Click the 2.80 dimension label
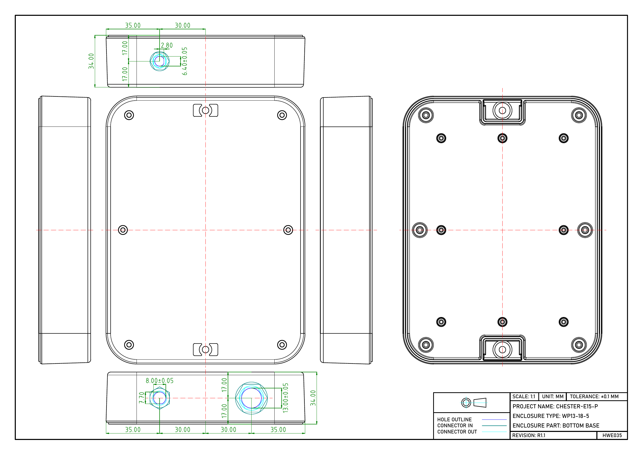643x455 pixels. pyautogui.click(x=167, y=45)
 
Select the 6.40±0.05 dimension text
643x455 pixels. pyautogui.click(x=184, y=61)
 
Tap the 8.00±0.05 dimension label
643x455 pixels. pyautogui.click(x=160, y=380)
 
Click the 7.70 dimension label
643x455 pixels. pyautogui.click(x=142, y=397)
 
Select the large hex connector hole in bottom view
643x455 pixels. pyautogui.click(x=252, y=398)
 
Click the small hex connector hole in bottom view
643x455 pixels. pyautogui.click(x=160, y=398)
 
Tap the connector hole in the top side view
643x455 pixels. pyautogui.click(x=160, y=61)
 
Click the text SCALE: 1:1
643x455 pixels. pyautogui.click(x=524, y=396)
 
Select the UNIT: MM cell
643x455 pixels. pyautogui.click(x=553, y=396)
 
